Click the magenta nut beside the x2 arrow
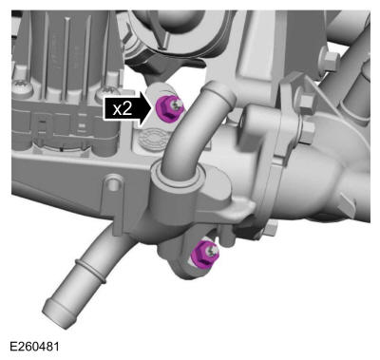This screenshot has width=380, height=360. coord(169,108)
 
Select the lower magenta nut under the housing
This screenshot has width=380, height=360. coord(206,254)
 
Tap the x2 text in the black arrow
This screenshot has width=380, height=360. coord(123,109)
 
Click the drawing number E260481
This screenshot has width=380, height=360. coord(34,347)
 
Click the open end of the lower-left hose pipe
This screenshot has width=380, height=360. coord(56,313)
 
